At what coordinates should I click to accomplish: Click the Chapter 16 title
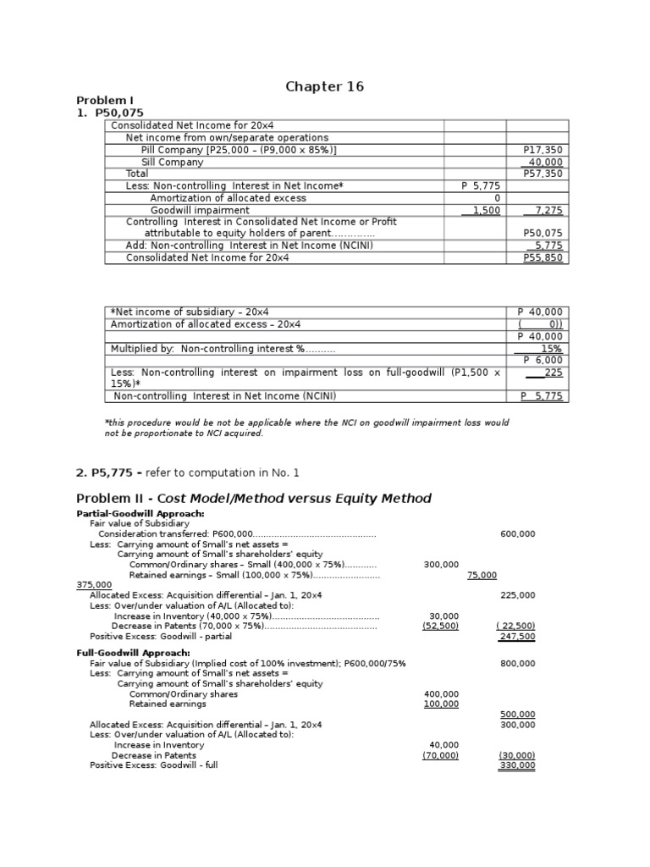click(x=324, y=87)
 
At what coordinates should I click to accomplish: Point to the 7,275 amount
click(x=548, y=210)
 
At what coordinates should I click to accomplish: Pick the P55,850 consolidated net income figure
click(x=543, y=258)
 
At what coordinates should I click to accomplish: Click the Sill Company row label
click(x=172, y=162)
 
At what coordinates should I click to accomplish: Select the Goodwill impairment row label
click(x=200, y=210)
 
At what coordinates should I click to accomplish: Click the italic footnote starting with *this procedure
click(x=306, y=428)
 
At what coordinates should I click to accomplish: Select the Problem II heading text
click(x=254, y=498)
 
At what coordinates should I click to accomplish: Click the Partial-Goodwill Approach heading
click(x=140, y=514)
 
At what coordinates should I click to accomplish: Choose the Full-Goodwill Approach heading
click(x=135, y=653)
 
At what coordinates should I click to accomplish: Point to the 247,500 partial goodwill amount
click(x=517, y=637)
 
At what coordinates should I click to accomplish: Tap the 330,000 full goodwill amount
click(x=517, y=765)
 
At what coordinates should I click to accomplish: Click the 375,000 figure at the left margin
click(x=94, y=585)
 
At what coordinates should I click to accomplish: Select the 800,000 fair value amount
click(x=518, y=664)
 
